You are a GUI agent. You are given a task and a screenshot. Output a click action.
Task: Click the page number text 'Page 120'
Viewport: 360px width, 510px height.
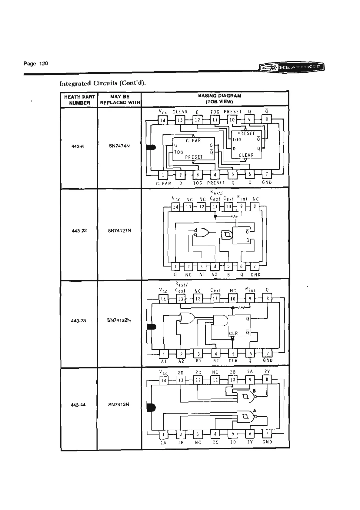(36, 64)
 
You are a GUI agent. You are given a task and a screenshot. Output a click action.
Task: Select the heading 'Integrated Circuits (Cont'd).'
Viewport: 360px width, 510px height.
(103, 84)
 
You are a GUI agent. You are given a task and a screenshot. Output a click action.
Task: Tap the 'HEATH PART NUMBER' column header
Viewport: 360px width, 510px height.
(79, 100)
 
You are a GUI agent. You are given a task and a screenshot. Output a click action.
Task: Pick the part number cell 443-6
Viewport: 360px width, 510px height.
(78, 146)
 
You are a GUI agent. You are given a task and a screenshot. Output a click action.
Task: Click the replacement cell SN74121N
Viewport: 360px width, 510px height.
(119, 230)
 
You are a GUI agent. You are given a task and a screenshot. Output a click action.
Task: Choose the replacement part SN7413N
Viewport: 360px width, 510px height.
(119, 404)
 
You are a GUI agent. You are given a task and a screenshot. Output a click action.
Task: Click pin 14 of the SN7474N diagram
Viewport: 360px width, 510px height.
(163, 120)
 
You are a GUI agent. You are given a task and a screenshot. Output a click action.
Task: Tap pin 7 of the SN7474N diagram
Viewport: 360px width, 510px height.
(267, 174)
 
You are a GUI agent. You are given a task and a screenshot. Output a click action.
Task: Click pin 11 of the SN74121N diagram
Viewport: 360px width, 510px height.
(215, 207)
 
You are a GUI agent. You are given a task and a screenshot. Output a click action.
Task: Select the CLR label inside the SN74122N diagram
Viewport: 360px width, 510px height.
(233, 334)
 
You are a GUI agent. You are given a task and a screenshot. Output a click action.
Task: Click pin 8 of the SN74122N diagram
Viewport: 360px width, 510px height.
(267, 298)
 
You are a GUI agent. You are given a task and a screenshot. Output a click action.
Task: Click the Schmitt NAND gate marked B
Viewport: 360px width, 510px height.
(245, 396)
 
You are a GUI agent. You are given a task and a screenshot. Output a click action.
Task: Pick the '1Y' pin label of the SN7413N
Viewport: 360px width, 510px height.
(250, 442)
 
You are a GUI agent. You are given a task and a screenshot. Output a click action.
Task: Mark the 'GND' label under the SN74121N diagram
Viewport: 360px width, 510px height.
(255, 275)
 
